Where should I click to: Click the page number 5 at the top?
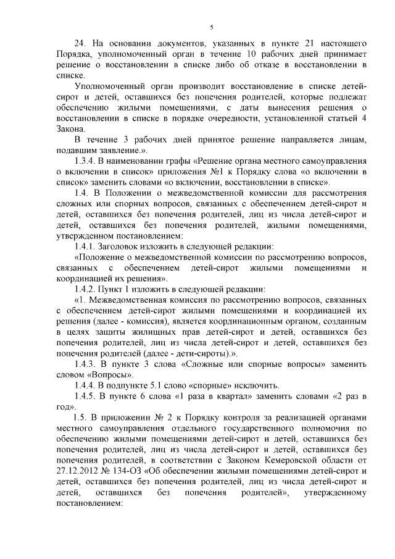pyautogui.click(x=211, y=27)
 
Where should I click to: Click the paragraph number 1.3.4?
pyautogui.click(x=86, y=161)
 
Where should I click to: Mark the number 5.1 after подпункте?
pyautogui.click(x=170, y=384)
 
